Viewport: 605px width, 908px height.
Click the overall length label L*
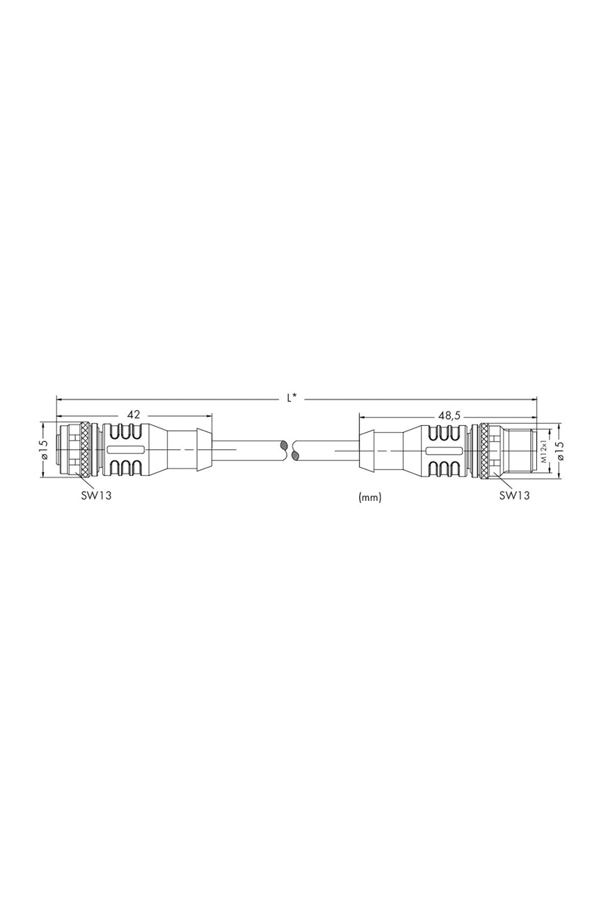(291, 398)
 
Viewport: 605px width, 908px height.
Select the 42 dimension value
(133, 415)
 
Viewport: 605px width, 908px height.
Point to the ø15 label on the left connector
(45, 449)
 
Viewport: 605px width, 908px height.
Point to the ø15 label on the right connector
(560, 449)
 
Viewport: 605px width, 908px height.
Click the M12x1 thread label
(544, 450)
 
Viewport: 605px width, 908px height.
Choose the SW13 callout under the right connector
(514, 496)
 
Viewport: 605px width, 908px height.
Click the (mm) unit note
(370, 497)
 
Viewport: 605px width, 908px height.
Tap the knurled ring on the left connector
(85, 450)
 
